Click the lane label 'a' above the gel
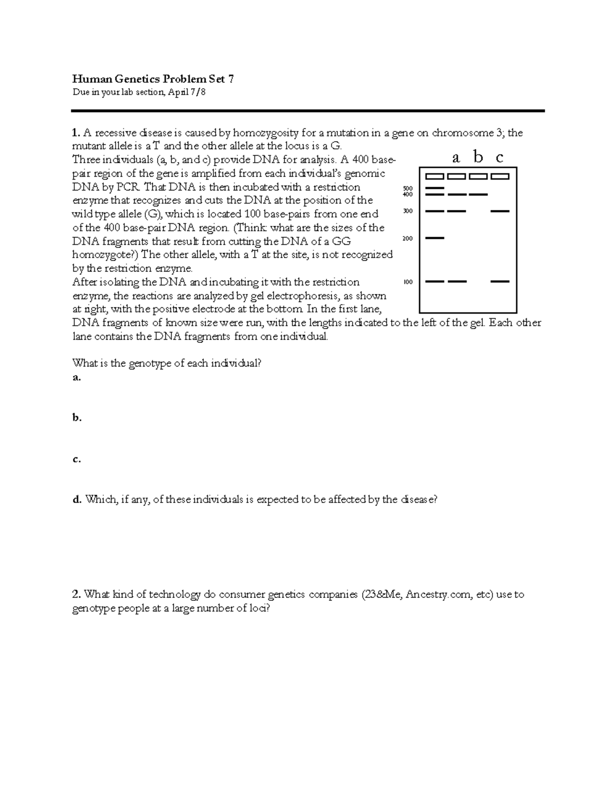click(456, 159)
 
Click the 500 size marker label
click(408, 189)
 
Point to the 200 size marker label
click(408, 238)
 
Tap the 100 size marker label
click(408, 282)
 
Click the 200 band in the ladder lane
click(435, 238)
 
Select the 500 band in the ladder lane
click(435, 188)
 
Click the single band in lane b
click(478, 195)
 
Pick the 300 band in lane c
click(500, 211)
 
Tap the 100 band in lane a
click(457, 281)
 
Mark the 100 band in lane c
click(500, 281)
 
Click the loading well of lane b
click(478, 177)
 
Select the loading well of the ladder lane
click(435, 177)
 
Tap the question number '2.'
click(76, 595)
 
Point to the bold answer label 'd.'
click(77, 499)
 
